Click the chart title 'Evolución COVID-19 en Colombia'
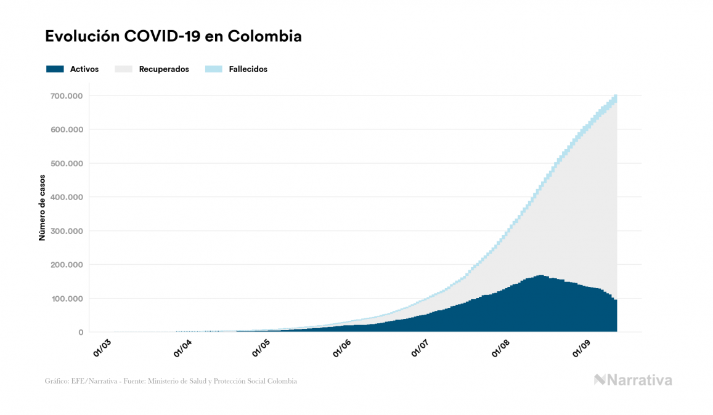pyautogui.click(x=173, y=36)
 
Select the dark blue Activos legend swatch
pyautogui.click(x=55, y=69)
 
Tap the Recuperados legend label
pyautogui.click(x=164, y=69)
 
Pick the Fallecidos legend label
pyautogui.click(x=248, y=69)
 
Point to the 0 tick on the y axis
pyautogui.click(x=81, y=332)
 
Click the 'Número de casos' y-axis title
pyautogui.click(x=42, y=208)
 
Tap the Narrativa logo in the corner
pyautogui.click(x=633, y=380)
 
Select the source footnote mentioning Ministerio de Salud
pyautogui.click(x=171, y=381)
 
